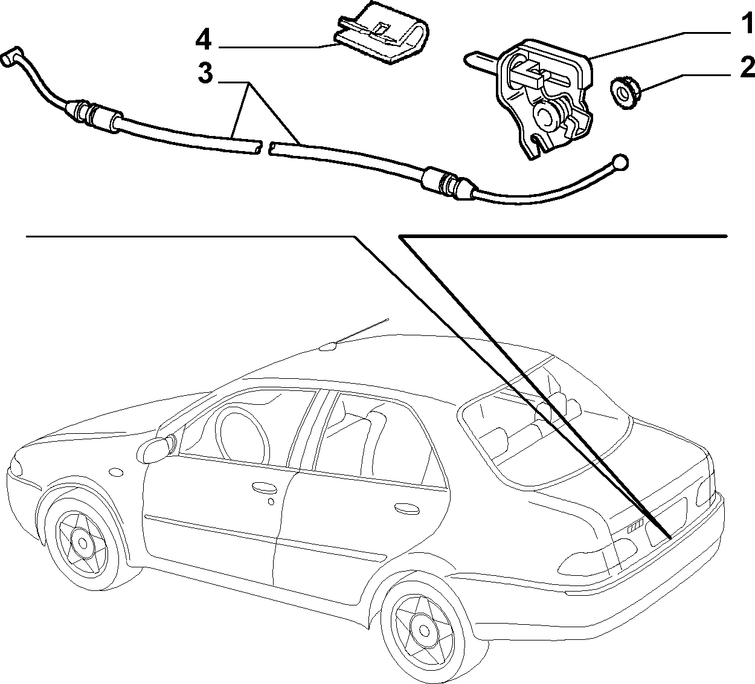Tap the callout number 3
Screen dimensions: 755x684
coord(206,74)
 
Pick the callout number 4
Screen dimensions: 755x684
coord(203,40)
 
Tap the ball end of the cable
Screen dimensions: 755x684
coord(620,162)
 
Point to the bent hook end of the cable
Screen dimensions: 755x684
coord(12,57)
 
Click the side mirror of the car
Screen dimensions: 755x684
coord(156,450)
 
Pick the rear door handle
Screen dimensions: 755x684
coord(406,508)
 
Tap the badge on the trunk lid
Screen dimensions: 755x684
coord(635,529)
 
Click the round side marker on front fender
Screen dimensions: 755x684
coord(115,472)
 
